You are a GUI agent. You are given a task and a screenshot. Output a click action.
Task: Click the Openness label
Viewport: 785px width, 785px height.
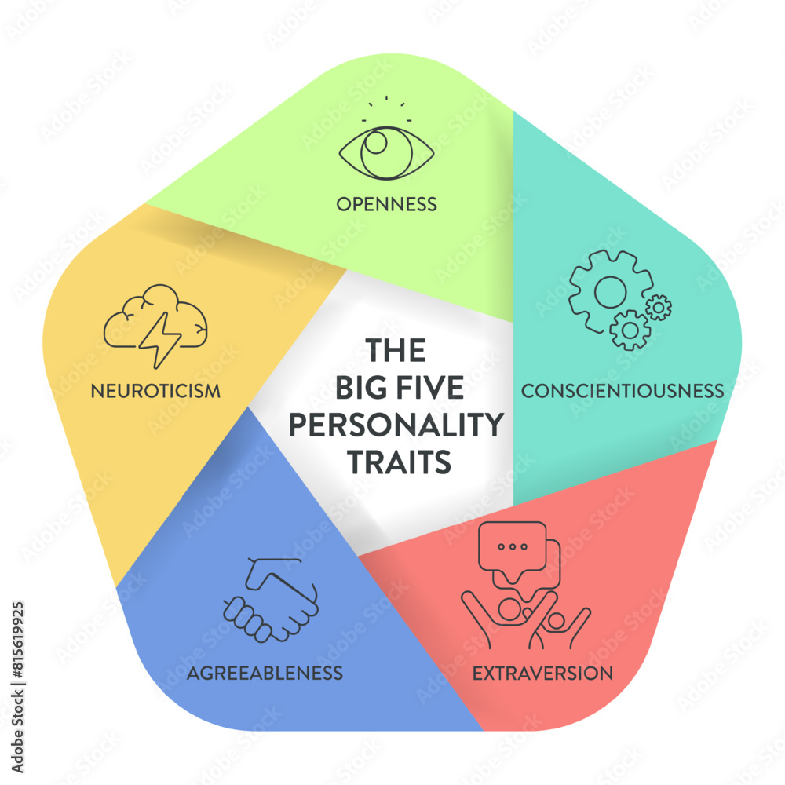386,205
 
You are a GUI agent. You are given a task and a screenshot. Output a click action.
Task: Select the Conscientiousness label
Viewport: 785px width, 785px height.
623,390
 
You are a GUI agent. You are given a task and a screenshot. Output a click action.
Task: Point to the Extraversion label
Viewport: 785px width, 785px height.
541,673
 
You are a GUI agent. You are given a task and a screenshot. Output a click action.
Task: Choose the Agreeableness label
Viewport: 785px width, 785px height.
265,673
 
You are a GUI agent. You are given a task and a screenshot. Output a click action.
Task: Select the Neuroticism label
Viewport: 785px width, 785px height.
155,390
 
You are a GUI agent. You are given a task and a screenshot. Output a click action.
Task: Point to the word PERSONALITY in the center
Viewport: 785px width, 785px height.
396,425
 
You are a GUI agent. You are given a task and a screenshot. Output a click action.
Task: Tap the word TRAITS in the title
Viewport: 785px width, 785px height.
400,462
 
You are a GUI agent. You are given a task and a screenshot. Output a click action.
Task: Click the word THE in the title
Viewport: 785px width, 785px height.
396,350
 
